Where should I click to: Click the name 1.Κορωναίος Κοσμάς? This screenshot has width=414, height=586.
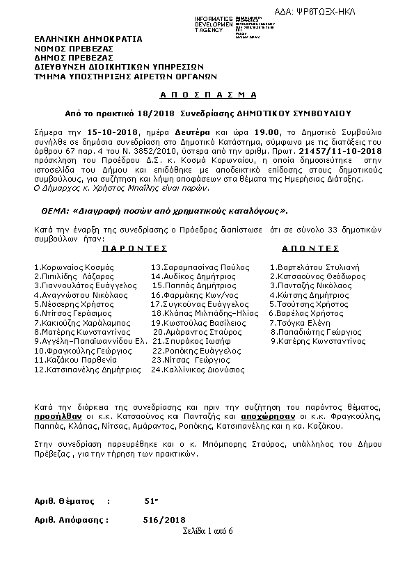pos(73,267)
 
